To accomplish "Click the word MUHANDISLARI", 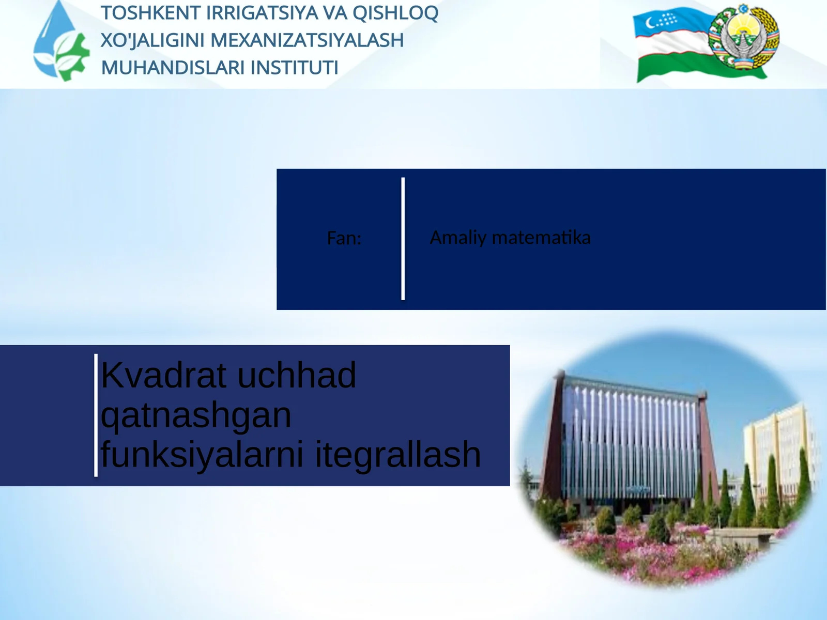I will [x=173, y=68].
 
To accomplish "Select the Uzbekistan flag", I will [x=672, y=47].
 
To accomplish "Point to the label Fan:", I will [x=344, y=238].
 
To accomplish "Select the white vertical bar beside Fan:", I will [x=403, y=239].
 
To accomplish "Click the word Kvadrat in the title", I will [x=165, y=375].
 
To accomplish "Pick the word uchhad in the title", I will [x=297, y=375].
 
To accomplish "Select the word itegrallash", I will [x=398, y=455].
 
